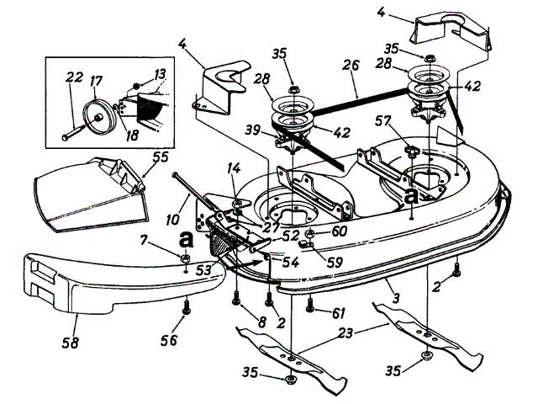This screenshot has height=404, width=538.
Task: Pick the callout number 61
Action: click(x=337, y=312)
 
